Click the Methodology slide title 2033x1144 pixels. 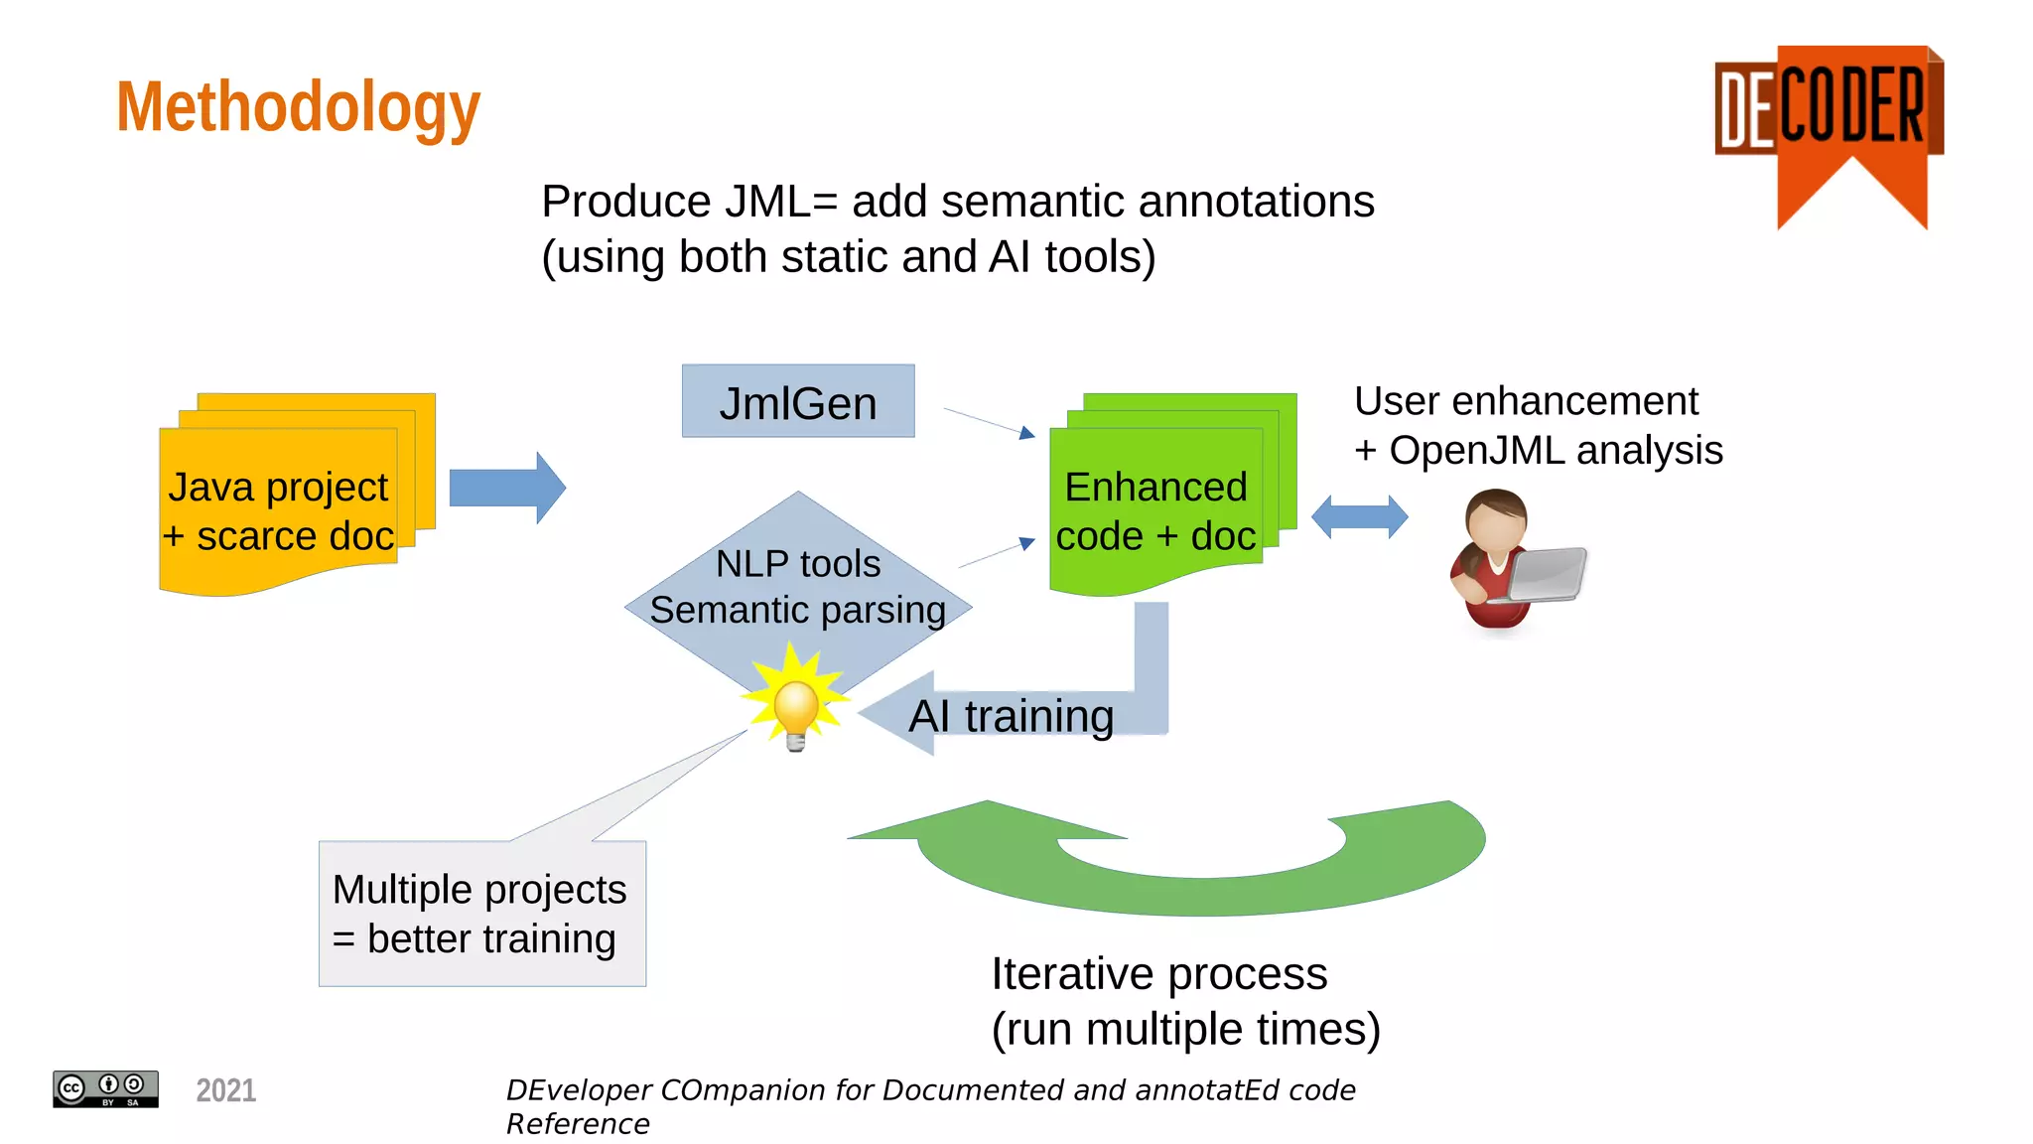click(x=298, y=107)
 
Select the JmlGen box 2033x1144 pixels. click(x=798, y=402)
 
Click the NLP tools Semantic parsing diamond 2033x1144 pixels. click(x=798, y=586)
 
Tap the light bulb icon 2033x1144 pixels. click(x=796, y=707)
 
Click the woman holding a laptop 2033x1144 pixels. click(x=1509, y=561)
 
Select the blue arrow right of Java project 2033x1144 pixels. click(x=507, y=488)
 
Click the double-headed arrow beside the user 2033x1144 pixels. click(x=1359, y=517)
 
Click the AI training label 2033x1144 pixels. click(x=1011, y=716)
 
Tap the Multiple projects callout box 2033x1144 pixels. click(x=481, y=914)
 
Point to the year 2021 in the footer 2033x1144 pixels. click(x=226, y=1090)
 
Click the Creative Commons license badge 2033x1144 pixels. click(x=105, y=1089)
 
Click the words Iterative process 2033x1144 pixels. click(x=1158, y=973)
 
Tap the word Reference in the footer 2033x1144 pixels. click(x=578, y=1124)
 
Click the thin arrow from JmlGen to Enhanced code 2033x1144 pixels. click(x=988, y=421)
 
